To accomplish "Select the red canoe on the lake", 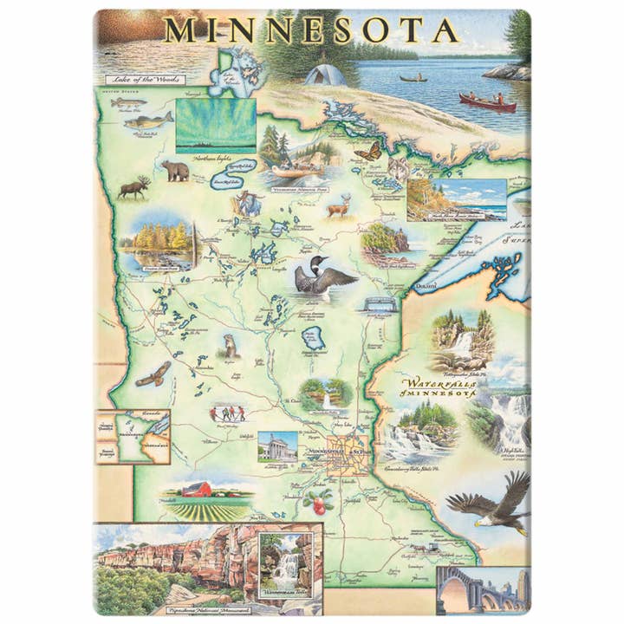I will (487, 103).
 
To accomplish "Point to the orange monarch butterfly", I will (367, 152).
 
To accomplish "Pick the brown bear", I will (176, 171).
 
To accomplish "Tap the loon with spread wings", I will (323, 276).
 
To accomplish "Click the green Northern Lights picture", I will (216, 125).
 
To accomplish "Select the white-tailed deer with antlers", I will (337, 207).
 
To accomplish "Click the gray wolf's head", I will (399, 168).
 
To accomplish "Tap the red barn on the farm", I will (198, 490).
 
